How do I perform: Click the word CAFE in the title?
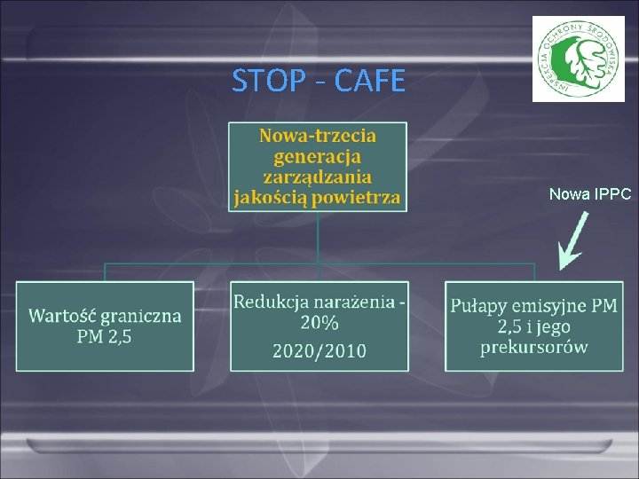367,82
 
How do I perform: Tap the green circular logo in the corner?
578,59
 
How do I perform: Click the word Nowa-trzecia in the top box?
318,136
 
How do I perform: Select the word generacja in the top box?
318,156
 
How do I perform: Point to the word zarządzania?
318,177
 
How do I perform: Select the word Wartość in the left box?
62,316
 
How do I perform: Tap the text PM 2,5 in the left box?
105,336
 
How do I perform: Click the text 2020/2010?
319,350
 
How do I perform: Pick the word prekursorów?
533,347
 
